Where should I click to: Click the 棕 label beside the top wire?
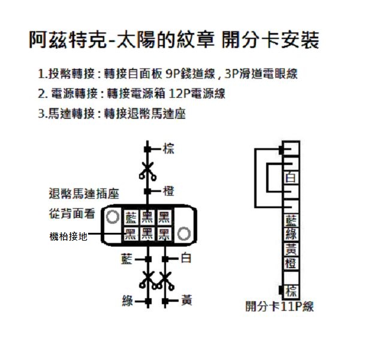tap(168, 149)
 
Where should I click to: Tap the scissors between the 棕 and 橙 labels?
tap(147, 171)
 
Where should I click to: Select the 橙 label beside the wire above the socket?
tap(168, 191)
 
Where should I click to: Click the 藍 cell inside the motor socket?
tap(131, 217)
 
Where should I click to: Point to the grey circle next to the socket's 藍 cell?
tap(112, 217)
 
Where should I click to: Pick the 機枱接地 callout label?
tap(68, 236)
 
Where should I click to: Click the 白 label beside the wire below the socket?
tap(186, 258)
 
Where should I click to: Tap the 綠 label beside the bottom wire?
tap(128, 301)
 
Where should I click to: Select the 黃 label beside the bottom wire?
tap(186, 300)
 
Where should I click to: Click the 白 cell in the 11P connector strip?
tap(291, 178)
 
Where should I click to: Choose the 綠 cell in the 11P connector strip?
tap(291, 234)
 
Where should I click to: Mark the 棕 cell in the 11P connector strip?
tap(291, 291)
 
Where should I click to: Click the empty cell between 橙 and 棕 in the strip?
tap(291, 277)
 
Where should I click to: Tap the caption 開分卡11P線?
tap(279, 307)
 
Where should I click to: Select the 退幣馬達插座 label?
tap(84, 194)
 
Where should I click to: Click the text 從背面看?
tap(72, 214)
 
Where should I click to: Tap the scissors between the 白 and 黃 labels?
tap(165, 281)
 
